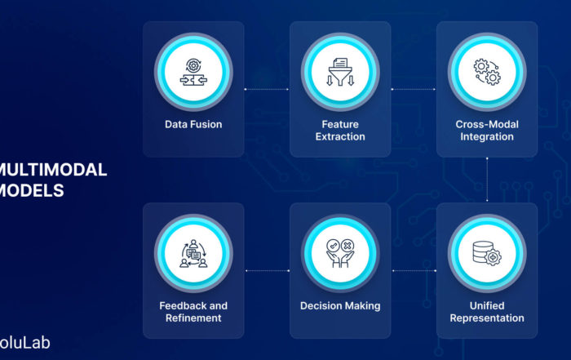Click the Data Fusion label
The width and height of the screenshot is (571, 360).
(193, 125)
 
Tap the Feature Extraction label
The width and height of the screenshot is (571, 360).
(340, 131)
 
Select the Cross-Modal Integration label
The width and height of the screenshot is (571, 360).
(487, 131)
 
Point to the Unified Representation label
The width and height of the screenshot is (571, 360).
(487, 312)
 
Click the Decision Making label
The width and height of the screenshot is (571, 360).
(340, 306)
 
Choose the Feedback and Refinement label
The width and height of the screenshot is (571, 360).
(193, 312)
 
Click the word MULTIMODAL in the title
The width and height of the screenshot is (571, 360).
(53, 171)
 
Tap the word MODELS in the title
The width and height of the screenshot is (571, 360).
(33, 190)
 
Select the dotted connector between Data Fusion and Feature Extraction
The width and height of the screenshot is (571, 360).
(267, 88)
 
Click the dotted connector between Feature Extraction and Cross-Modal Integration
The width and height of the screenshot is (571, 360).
(414, 88)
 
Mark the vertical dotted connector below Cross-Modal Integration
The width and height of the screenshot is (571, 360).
(487, 180)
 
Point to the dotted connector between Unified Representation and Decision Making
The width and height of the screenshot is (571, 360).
(414, 269)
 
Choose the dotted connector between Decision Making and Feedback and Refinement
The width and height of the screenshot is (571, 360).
(267, 269)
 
